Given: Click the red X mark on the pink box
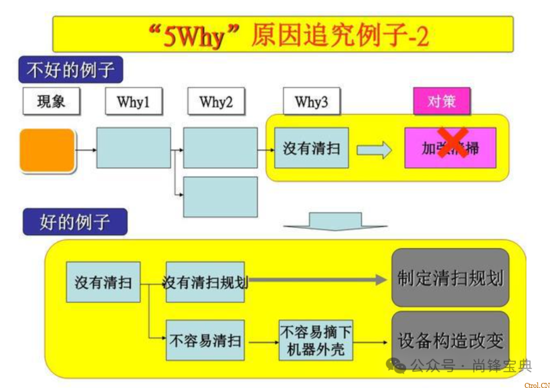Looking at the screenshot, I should point(453,143).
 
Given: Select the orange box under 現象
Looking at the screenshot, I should point(47,150).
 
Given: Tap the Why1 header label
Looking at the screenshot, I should point(133,102).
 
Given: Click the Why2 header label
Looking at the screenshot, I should point(216,102).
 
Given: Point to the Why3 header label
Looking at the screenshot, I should point(311,102).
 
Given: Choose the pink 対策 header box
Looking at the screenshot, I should point(442,101).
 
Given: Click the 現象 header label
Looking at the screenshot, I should point(51,101).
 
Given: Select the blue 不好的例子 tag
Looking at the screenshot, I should point(71,70).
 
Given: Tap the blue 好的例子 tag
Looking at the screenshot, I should point(75,222).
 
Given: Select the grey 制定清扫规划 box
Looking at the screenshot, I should point(450,278).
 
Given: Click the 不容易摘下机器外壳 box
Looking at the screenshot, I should point(316,340).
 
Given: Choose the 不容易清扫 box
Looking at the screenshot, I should point(205,340).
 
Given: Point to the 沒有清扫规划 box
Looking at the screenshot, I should point(205,282).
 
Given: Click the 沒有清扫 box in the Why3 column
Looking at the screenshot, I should point(311,148).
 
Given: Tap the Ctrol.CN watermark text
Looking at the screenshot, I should point(537,385).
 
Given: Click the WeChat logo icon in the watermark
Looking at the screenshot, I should point(396,366).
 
